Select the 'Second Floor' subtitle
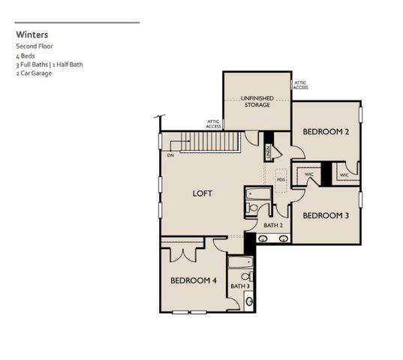tap(34, 46)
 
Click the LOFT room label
tap(202, 193)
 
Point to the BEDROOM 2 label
tap(326, 132)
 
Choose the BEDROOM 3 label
tap(326, 216)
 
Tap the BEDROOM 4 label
tap(193, 280)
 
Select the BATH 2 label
tap(272, 225)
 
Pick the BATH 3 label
tap(239, 286)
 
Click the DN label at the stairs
tap(170, 155)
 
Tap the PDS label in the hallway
tap(281, 180)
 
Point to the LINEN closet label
tap(267, 152)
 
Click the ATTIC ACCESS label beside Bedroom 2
tap(300, 85)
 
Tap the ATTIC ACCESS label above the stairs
tap(213, 124)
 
